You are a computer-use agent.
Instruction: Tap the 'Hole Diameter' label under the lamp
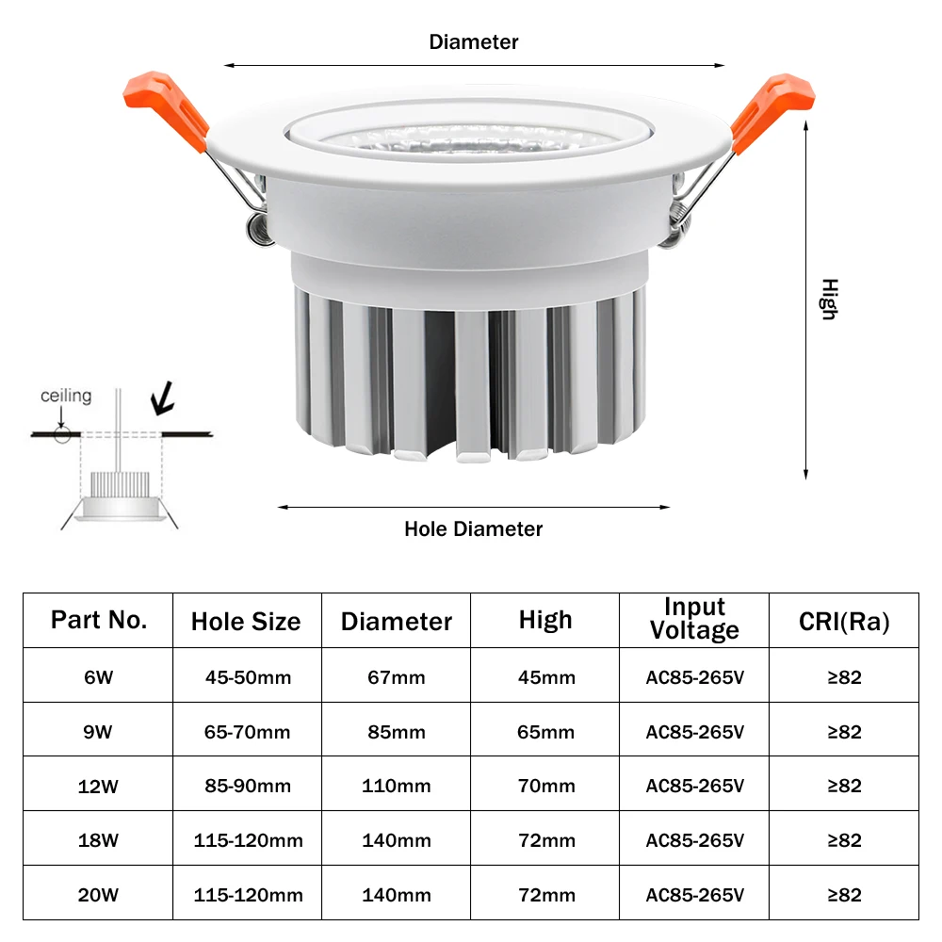click(x=474, y=528)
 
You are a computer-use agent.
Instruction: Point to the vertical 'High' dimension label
click(x=828, y=299)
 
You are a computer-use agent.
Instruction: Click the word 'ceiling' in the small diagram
click(x=66, y=396)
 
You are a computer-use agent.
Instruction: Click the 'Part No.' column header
click(x=99, y=620)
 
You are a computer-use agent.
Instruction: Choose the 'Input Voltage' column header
click(x=694, y=619)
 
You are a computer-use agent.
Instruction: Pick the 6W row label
click(x=98, y=677)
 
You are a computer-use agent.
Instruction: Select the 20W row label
click(x=98, y=895)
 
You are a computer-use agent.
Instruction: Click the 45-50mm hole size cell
click(x=248, y=677)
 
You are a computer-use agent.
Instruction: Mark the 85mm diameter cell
click(x=397, y=732)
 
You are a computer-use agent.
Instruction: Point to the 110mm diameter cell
click(x=397, y=786)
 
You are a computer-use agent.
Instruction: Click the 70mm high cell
click(x=545, y=786)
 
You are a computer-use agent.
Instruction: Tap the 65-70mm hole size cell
click(x=248, y=732)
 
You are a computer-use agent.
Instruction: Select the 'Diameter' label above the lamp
click(x=474, y=42)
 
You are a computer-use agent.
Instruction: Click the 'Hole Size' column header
click(x=246, y=622)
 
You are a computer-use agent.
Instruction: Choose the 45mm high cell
click(x=545, y=677)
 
